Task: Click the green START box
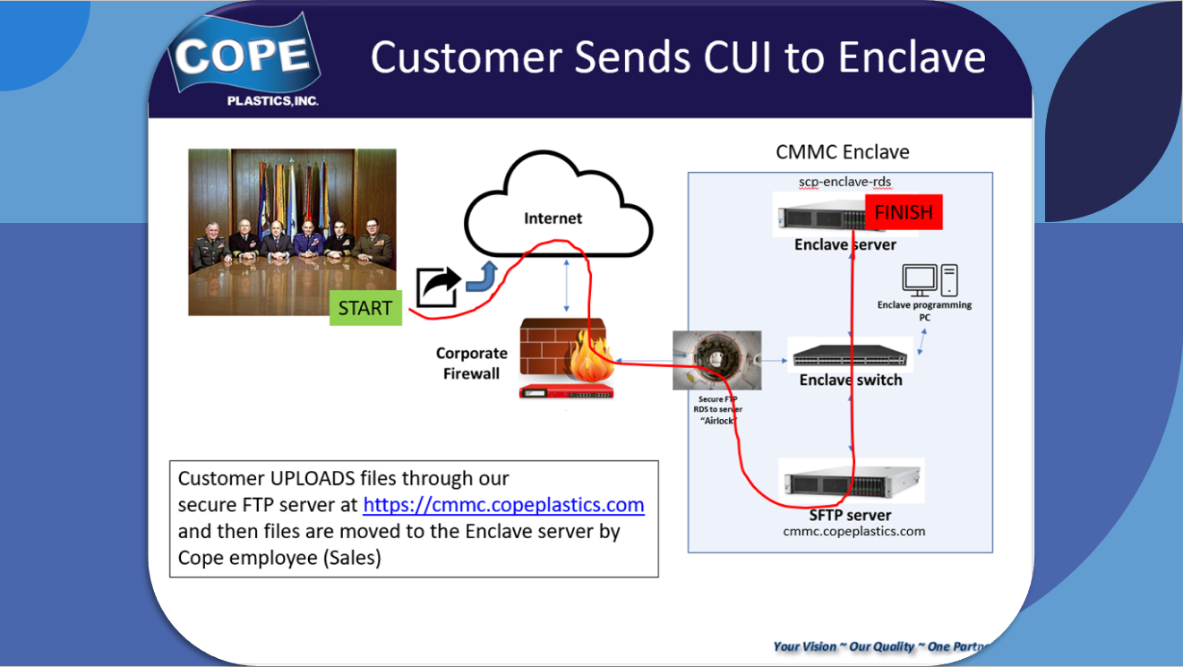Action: point(365,308)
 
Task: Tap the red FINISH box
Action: point(904,212)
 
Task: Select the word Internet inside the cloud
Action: point(553,218)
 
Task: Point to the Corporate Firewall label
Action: point(471,363)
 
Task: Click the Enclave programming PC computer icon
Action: point(930,280)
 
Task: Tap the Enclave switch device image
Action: point(849,355)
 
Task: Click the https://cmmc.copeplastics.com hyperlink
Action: point(503,504)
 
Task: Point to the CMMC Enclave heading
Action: point(842,152)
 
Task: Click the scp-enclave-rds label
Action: point(844,182)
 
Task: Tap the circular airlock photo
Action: point(716,360)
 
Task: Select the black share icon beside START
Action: point(436,286)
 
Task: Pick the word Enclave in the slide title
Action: point(912,57)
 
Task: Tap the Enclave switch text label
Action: point(850,380)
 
